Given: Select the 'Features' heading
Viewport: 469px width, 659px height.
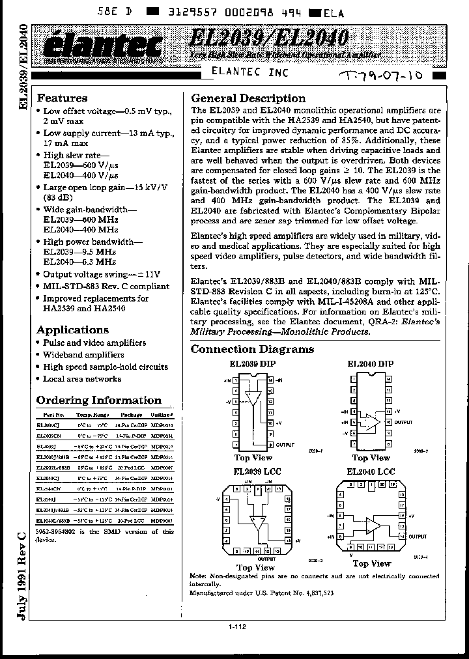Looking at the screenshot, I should tap(62, 98).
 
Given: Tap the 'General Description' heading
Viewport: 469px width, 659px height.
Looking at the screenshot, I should tap(248, 98).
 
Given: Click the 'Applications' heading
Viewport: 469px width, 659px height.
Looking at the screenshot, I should tap(72, 329).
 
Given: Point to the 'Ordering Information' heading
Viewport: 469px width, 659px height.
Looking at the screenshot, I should tap(98, 400).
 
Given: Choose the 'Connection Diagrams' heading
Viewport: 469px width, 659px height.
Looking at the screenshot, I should tap(252, 349).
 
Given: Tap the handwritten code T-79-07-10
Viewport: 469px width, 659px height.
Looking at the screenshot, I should tap(382, 76).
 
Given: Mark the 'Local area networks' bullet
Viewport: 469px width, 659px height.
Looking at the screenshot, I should tap(81, 378).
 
